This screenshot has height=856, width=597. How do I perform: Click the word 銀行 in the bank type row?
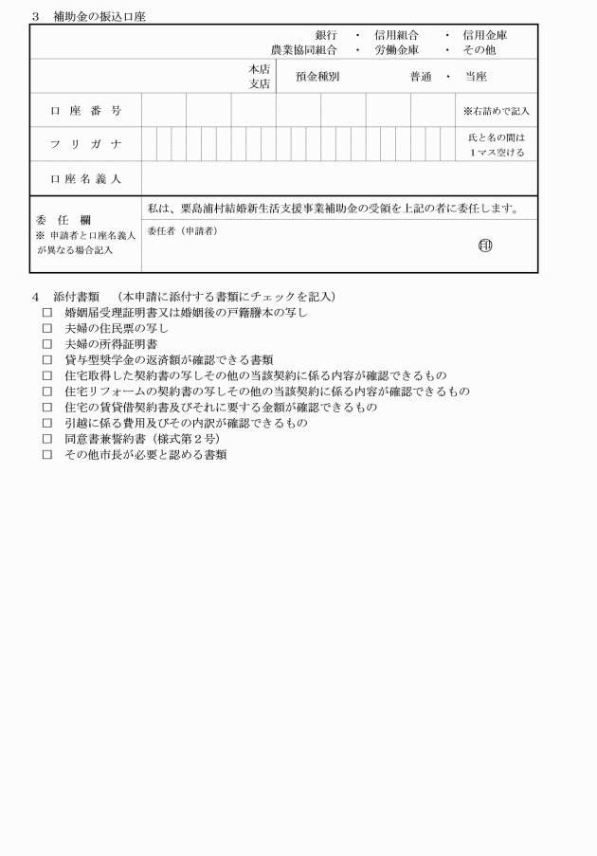click(x=326, y=35)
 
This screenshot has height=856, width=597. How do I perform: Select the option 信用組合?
click(x=396, y=35)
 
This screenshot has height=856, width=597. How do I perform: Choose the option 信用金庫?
click(x=485, y=35)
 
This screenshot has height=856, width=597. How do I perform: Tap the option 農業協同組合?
click(x=304, y=49)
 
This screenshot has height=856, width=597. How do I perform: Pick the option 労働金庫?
click(x=396, y=49)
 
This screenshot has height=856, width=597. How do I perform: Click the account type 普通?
click(x=421, y=77)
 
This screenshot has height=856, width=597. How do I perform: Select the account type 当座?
click(x=476, y=77)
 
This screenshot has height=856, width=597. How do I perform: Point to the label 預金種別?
click(x=317, y=77)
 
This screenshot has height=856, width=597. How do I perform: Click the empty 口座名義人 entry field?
click(x=339, y=177)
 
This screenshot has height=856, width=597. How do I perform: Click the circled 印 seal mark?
click(x=485, y=246)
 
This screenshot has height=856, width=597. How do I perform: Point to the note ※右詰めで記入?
click(x=497, y=111)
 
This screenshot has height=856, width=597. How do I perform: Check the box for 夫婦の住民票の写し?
click(x=46, y=328)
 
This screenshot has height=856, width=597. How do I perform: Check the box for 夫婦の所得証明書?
click(x=46, y=344)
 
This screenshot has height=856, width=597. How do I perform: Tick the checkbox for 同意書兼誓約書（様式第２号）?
click(x=46, y=439)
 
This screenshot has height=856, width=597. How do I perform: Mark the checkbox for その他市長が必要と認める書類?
click(x=46, y=455)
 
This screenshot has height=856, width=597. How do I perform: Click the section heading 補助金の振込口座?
click(x=99, y=17)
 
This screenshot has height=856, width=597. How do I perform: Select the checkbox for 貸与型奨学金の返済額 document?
click(x=46, y=360)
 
